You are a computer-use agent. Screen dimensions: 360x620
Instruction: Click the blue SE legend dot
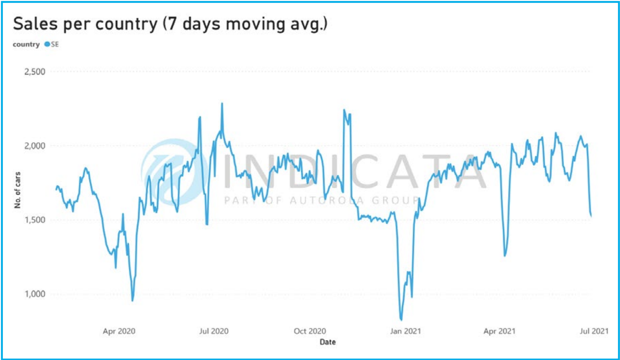coord(47,44)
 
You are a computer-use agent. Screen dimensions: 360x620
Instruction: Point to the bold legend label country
coord(26,44)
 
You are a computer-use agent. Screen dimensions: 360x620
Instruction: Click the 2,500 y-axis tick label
coord(35,72)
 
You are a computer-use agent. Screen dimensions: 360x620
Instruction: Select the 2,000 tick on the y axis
coord(35,145)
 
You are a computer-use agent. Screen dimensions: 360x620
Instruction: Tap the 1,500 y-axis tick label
coord(35,220)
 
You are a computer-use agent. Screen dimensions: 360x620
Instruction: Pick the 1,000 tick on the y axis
coord(35,294)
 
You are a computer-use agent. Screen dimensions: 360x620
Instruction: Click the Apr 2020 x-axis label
coord(119,331)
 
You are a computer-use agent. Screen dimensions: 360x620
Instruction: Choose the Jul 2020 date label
coord(214,331)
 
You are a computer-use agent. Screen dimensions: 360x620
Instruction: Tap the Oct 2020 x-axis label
coord(310,331)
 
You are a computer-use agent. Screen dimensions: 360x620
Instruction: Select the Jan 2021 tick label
coord(405,331)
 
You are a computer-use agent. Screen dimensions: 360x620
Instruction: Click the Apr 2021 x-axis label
coord(499,331)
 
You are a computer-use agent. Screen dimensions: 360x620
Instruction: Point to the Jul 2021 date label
coord(594,331)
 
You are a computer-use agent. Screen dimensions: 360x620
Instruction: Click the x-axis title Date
coord(328,342)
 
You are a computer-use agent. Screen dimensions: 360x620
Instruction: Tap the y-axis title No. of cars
coord(18,190)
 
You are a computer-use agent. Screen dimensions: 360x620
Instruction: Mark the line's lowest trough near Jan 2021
coord(401,319)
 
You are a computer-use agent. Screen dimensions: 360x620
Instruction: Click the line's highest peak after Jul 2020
coord(222,103)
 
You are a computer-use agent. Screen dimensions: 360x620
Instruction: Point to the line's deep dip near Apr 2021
coord(505,256)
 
